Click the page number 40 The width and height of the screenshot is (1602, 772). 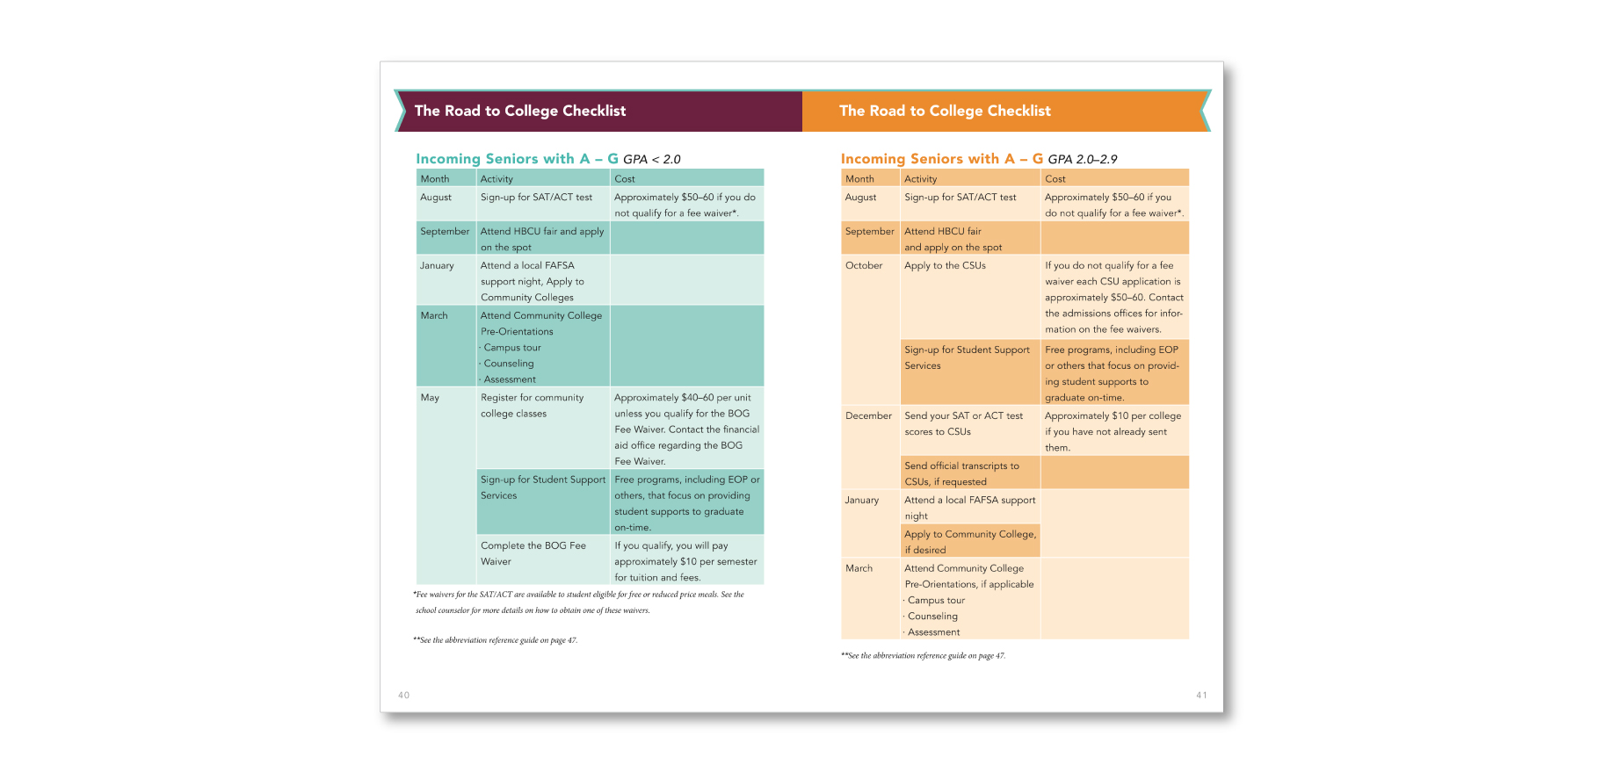(403, 695)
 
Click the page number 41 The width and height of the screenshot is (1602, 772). (1201, 695)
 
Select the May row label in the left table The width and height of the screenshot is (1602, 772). (430, 398)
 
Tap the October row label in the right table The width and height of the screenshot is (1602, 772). (864, 265)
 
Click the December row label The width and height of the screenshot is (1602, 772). (868, 415)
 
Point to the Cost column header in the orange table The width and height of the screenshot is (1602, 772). (1055, 178)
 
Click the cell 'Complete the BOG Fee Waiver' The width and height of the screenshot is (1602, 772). (533, 553)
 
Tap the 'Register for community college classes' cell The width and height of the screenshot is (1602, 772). (532, 406)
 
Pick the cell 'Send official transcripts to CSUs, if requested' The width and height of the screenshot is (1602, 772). (961, 473)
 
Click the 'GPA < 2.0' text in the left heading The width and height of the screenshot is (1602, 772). (651, 159)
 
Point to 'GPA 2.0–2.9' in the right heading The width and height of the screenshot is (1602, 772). (1082, 159)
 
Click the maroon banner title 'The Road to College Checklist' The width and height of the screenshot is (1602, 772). (520, 111)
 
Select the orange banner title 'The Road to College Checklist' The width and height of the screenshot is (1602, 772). (945, 111)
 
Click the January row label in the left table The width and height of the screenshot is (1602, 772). (437, 265)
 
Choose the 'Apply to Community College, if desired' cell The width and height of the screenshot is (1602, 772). (970, 542)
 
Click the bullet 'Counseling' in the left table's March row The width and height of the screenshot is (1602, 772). (509, 364)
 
